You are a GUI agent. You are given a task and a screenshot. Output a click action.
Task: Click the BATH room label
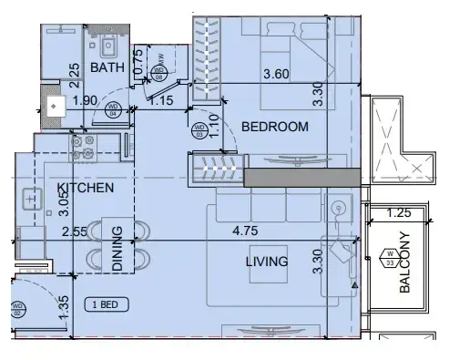point(107,67)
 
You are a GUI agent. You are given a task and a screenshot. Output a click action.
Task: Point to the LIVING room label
point(266,262)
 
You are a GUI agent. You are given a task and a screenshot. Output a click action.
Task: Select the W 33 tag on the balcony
point(390,256)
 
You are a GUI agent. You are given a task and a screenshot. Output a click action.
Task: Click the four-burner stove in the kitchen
point(84,142)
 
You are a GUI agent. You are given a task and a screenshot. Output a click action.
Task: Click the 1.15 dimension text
point(162,101)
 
